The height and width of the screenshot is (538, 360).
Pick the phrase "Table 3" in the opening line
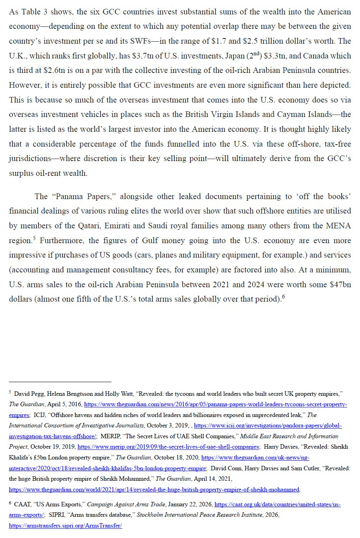click(x=30, y=12)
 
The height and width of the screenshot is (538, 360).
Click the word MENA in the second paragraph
click(x=340, y=226)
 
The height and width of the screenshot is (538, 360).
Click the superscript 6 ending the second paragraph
click(x=283, y=297)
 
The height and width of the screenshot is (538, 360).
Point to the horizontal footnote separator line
click(x=60, y=382)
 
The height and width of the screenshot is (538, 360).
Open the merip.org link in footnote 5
click(x=168, y=447)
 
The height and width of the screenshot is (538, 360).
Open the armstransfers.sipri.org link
click(x=65, y=526)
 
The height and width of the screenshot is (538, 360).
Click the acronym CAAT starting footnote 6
click(x=22, y=505)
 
